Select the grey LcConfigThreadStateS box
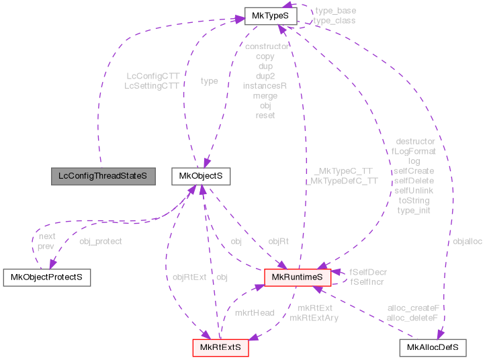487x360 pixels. tap(103, 176)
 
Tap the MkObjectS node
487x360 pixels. tap(201, 176)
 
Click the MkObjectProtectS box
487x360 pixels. tap(47, 276)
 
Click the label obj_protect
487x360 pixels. tap(101, 240)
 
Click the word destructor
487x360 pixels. tap(415, 141)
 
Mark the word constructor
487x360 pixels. tap(267, 46)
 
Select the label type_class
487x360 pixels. tap(335, 20)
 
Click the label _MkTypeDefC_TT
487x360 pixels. tap(341, 181)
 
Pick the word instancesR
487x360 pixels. tap(265, 85)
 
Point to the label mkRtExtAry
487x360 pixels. tap(314, 317)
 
